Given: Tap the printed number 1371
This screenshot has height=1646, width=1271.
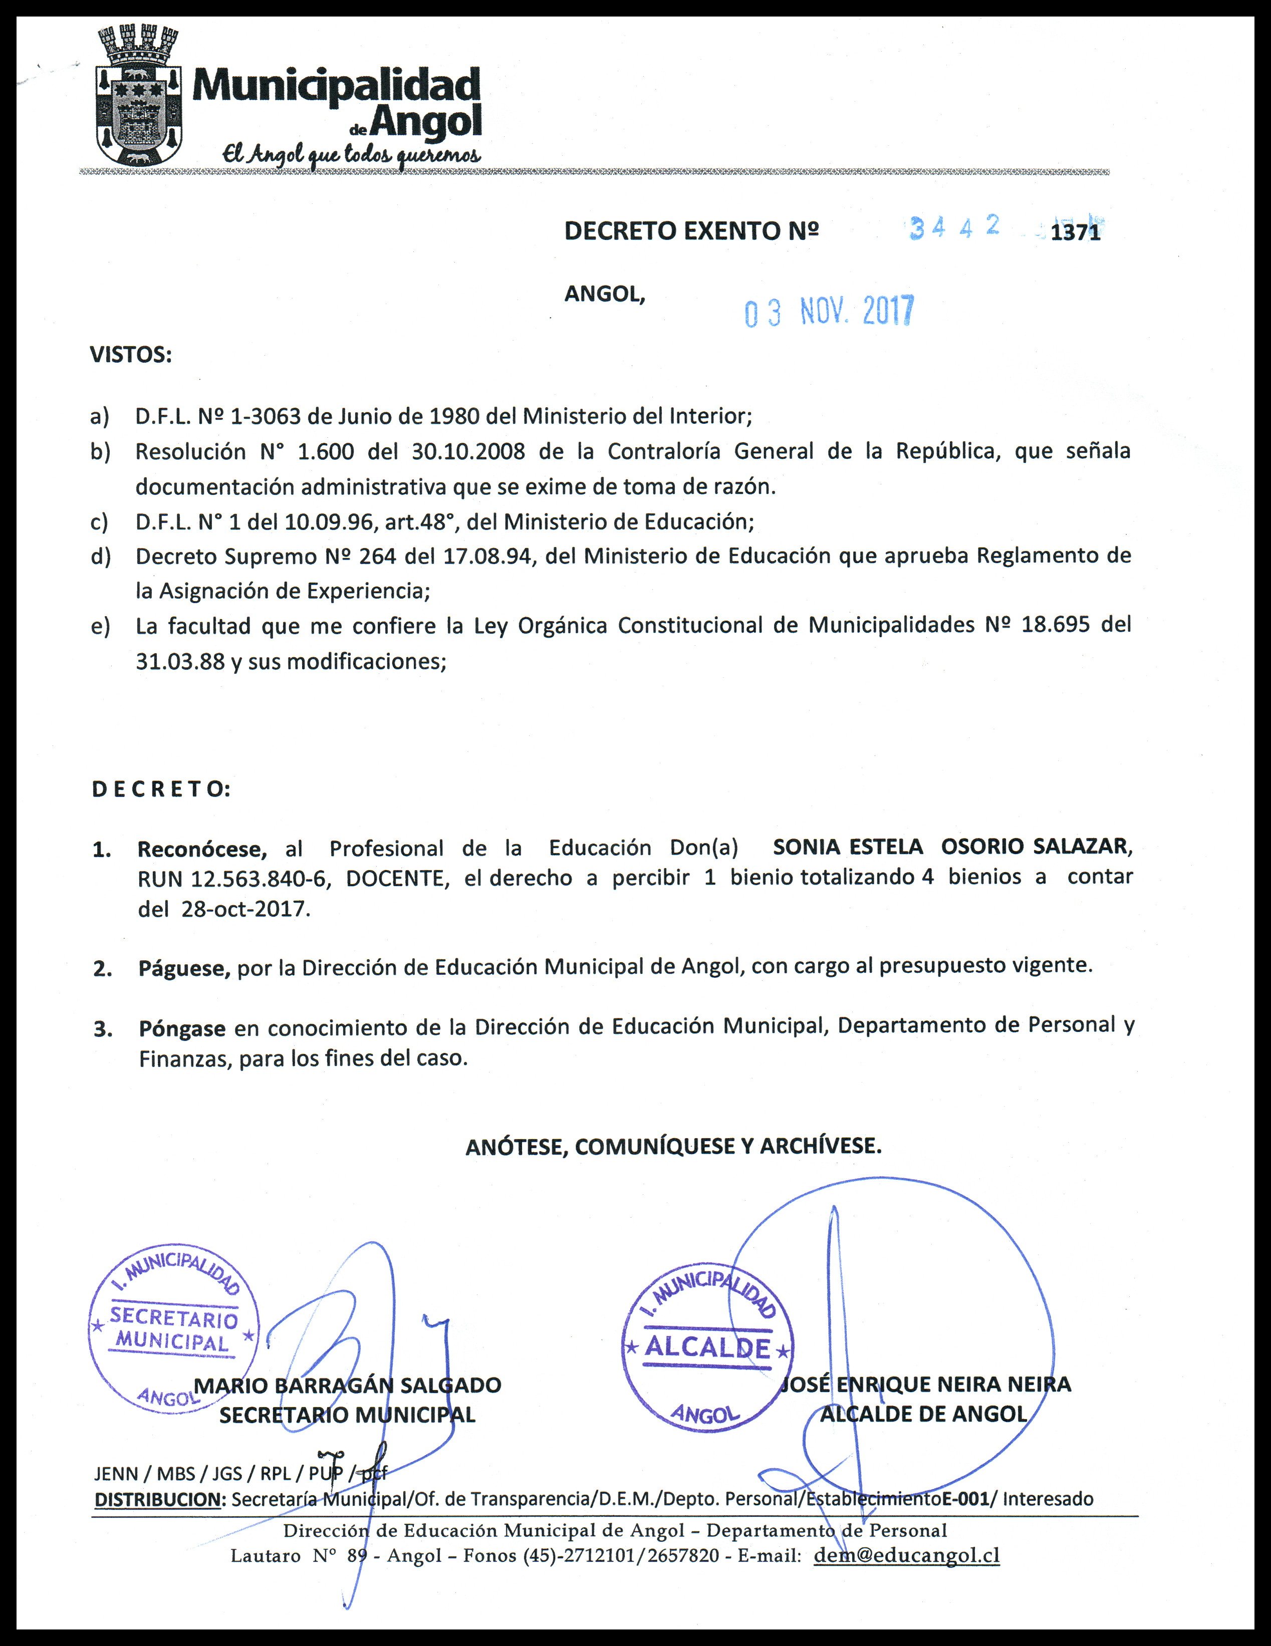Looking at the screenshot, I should pos(1075,233).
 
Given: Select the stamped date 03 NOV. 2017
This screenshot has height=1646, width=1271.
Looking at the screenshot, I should pos(829,311).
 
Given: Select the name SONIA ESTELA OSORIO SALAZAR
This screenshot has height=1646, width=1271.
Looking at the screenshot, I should pos(951,847).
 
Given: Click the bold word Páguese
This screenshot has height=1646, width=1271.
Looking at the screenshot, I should pos(184,968).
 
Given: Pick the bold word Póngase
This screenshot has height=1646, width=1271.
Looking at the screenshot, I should pos(182,1028).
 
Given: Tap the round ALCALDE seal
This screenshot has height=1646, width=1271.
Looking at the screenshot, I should pos(708,1347).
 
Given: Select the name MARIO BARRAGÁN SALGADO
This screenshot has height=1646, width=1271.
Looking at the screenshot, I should pos(348,1385).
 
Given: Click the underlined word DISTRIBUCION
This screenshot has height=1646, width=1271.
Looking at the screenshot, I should pos(157,1499).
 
